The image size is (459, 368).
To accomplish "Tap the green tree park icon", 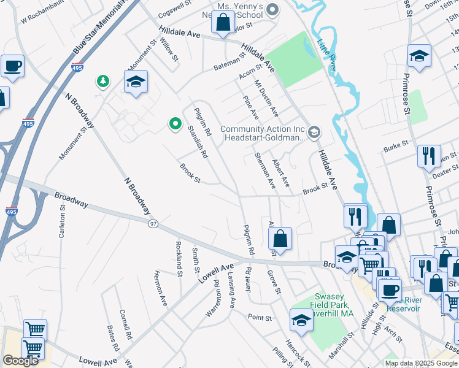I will click(x=103, y=81).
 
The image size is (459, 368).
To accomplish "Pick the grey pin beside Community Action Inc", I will click(x=314, y=131).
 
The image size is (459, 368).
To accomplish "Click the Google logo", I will click(x=20, y=361).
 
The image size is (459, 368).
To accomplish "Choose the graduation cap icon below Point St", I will click(x=301, y=320).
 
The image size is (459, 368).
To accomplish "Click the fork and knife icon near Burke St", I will click(x=429, y=156).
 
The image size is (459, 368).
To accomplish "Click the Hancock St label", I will click(x=296, y=351).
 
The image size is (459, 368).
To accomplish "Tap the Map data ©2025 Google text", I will click(x=421, y=363).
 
